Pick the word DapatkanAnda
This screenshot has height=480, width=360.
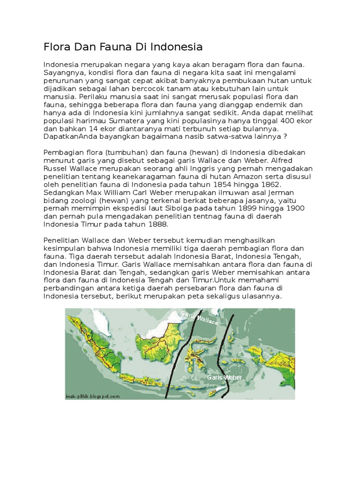tap(70, 137)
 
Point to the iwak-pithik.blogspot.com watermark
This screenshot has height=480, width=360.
tap(93, 396)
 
